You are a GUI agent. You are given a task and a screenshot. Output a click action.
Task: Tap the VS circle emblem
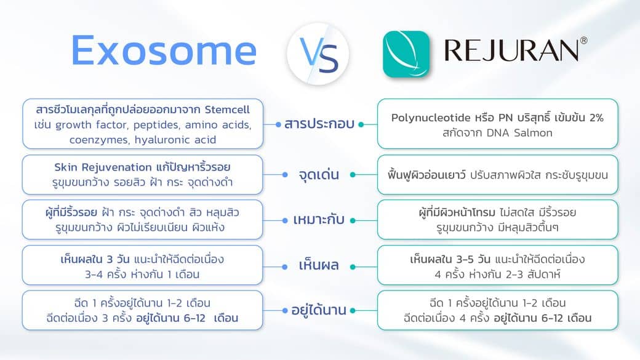pos(318,54)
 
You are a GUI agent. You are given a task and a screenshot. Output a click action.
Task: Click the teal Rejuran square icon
pos(406,54)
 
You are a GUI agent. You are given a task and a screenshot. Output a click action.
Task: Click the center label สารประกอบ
pos(319,124)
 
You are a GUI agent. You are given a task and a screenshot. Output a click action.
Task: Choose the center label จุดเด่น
pos(319,175)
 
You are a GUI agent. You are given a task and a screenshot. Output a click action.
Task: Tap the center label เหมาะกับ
pos(319,220)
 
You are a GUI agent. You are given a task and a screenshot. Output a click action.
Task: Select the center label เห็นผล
pos(319,266)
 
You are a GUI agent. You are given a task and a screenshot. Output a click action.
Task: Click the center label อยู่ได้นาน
pos(319,310)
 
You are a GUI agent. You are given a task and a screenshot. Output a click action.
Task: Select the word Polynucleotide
pos(431,118)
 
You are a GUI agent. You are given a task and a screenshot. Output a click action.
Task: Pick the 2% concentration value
pos(595,118)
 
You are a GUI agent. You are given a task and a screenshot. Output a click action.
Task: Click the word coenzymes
pos(96,140)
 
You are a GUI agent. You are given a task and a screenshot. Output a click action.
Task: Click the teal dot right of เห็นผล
pos(352,266)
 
